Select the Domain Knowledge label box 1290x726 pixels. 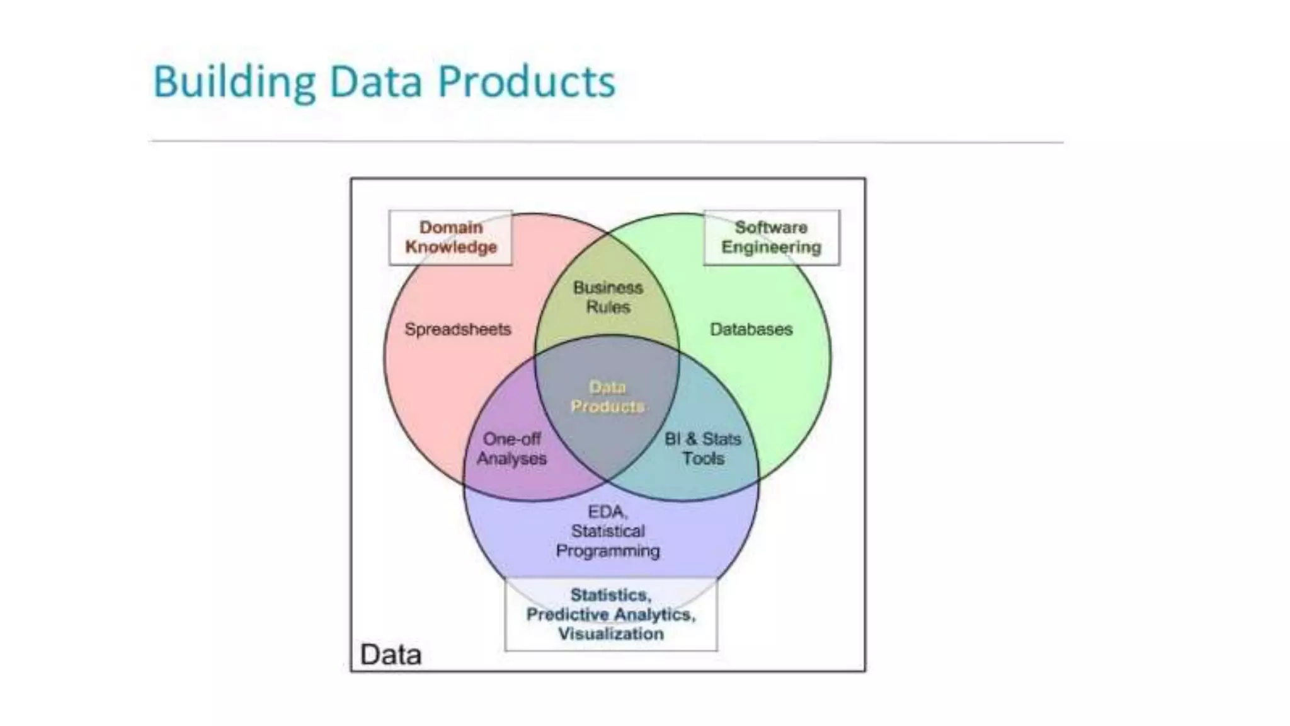[x=450, y=237]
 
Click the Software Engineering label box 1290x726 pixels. [x=771, y=237]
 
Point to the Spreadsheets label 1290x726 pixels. [x=457, y=329]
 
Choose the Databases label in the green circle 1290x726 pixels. [x=751, y=329]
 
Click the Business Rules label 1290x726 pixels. [x=608, y=297]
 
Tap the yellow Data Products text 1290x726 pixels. [x=607, y=397]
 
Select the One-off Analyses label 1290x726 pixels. [x=511, y=449]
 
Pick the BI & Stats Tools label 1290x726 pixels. [x=703, y=449]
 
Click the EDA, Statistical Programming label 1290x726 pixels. [x=607, y=531]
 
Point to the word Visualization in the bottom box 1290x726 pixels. [x=610, y=634]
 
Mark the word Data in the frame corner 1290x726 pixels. [x=391, y=655]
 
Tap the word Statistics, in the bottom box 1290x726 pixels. [x=610, y=595]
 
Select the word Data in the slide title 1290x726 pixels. [x=375, y=82]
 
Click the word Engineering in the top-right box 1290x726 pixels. [x=771, y=247]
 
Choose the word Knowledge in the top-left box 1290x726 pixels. [x=450, y=247]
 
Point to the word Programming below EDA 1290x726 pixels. [x=607, y=551]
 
